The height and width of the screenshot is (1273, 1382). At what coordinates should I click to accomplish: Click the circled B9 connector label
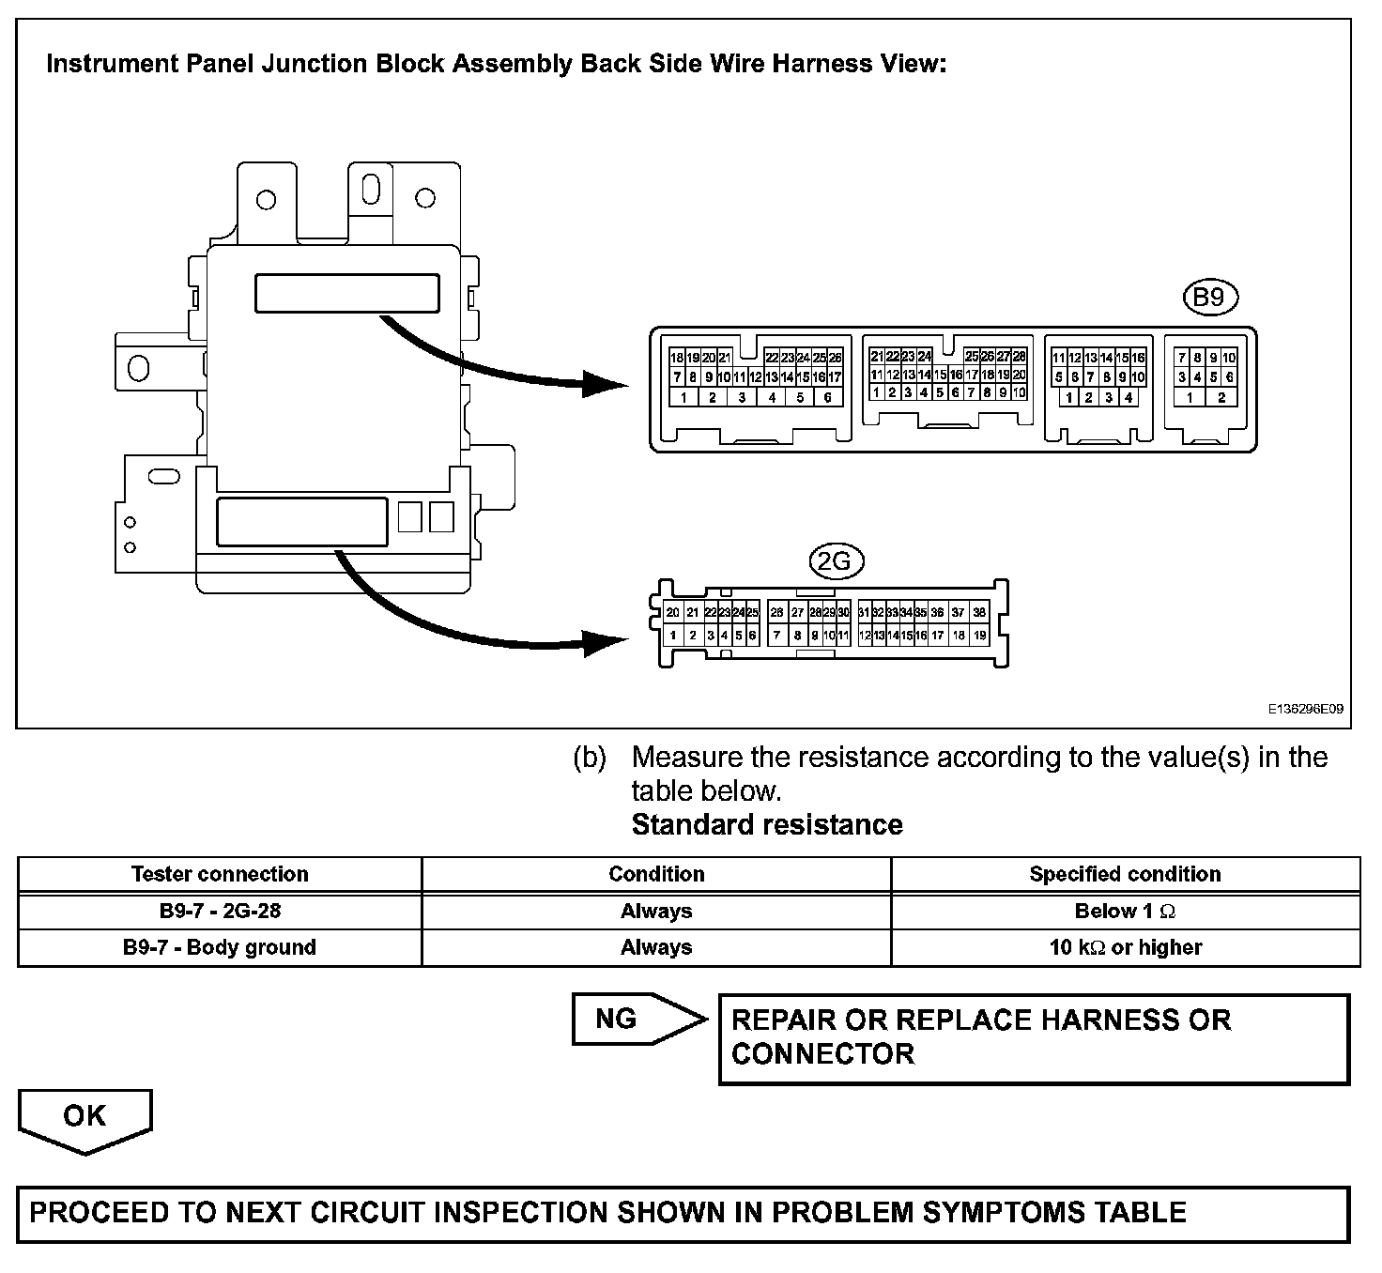click(1209, 298)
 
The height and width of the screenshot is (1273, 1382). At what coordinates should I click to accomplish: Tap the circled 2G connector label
click(835, 561)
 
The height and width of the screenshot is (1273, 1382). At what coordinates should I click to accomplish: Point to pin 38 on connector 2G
click(979, 612)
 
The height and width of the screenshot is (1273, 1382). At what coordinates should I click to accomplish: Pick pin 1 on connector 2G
click(673, 636)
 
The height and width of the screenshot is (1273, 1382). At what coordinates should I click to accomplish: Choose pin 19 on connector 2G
click(979, 636)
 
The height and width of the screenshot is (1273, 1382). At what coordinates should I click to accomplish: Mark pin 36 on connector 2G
click(937, 612)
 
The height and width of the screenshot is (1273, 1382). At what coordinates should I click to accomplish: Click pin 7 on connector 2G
click(776, 636)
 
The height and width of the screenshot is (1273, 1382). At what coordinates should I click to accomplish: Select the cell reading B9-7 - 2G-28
click(220, 911)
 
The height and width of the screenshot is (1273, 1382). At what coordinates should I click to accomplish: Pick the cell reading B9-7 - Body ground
click(220, 947)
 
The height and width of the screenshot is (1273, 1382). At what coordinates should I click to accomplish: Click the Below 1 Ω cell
click(1125, 911)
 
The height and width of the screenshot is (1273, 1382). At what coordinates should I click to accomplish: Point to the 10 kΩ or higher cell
click(1125, 947)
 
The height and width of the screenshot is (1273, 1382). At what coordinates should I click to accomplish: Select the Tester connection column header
click(220, 874)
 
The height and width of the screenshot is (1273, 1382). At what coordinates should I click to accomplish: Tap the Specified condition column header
click(1125, 874)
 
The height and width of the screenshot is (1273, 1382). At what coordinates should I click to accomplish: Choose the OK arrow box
click(84, 1117)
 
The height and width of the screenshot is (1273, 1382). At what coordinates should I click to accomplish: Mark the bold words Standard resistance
click(767, 824)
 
